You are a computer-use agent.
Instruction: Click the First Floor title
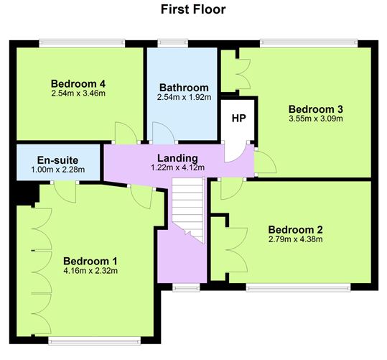193,9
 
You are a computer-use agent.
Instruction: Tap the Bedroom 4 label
78,84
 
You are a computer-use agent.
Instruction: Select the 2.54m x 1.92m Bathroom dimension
184,97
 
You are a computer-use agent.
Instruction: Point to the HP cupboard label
239,119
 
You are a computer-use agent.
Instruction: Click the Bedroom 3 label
316,109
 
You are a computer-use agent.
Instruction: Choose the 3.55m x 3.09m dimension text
316,119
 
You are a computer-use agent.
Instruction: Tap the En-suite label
57,160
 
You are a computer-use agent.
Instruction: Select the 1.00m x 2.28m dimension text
58,170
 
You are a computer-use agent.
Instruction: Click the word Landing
178,158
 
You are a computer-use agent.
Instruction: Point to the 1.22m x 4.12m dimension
178,167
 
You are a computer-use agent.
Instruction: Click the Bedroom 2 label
295,229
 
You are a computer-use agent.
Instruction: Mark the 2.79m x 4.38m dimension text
295,239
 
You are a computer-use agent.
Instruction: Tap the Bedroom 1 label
90,261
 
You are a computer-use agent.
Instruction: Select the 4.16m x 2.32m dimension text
90,271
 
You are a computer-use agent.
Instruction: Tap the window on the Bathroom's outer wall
173,43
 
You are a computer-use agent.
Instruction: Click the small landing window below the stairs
186,287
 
